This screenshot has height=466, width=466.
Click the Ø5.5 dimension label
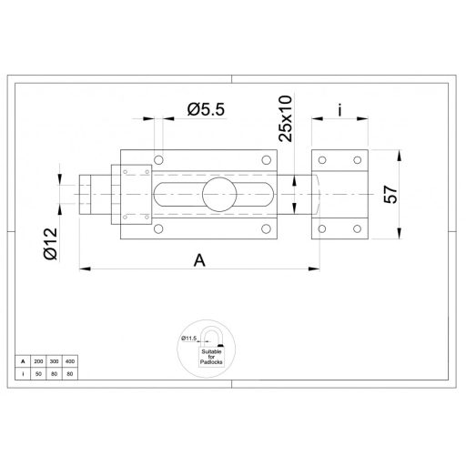pos(207,109)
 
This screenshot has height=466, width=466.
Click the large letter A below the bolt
pos(201,259)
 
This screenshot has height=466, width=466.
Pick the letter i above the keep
pos(339,110)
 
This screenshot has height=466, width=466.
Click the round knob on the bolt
pos(218,193)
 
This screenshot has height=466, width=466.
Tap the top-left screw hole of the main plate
pos(158,160)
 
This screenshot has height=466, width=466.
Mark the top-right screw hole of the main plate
pos(267,160)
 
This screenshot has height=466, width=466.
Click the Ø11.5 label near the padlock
pos(189,338)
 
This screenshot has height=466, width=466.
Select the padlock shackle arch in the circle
pos(209,335)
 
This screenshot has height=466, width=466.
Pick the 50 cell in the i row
pos(37,373)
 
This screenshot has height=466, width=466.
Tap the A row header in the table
pos(24,362)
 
